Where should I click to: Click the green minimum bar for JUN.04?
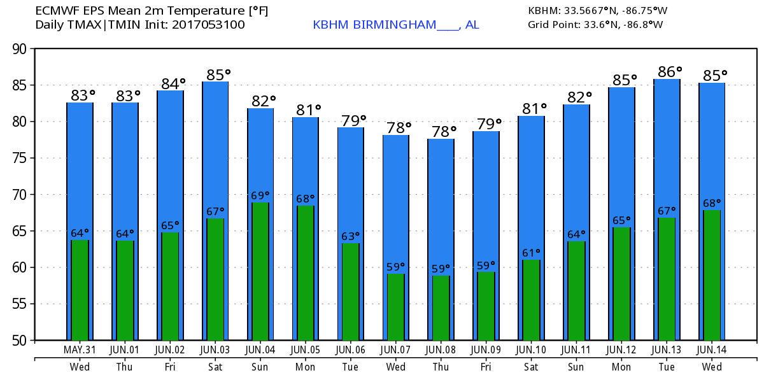pyautogui.click(x=260, y=271)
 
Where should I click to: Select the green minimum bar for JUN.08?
pyautogui.click(x=441, y=308)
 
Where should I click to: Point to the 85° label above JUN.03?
pyautogui.click(x=218, y=75)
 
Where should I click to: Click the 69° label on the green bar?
pyautogui.click(x=260, y=195)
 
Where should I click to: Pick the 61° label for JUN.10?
pyautogui.click(x=530, y=253)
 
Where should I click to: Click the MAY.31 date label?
pyautogui.click(x=80, y=350)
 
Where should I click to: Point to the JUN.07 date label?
pyautogui.click(x=395, y=350)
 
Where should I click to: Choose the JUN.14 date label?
pyautogui.click(x=711, y=350)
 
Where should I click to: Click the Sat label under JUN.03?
pyautogui.click(x=215, y=367)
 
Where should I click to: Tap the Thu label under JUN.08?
pyautogui.click(x=441, y=367)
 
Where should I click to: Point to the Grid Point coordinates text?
pyautogui.click(x=595, y=25)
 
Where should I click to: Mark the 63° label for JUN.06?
pyautogui.click(x=350, y=236)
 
